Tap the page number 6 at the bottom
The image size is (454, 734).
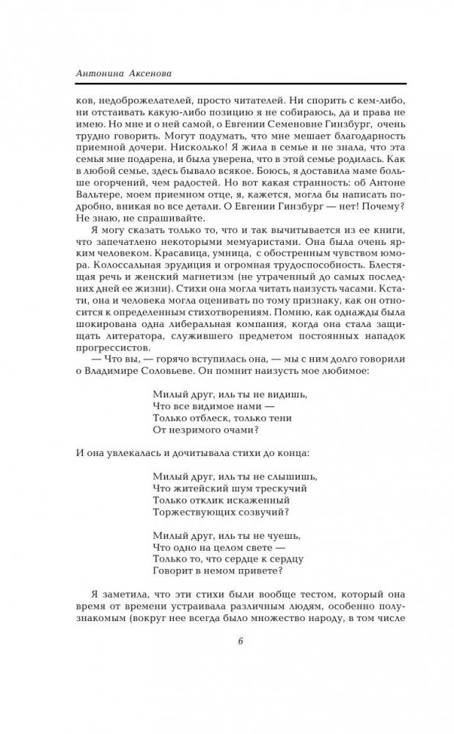point(240,642)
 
